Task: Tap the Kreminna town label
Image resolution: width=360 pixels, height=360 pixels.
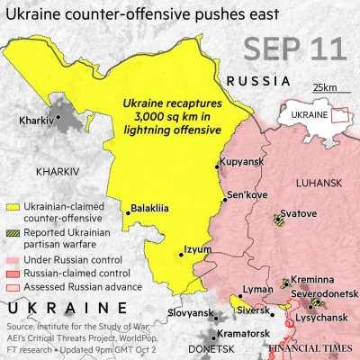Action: (311, 282)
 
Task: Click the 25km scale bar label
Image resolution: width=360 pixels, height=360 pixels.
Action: (324, 86)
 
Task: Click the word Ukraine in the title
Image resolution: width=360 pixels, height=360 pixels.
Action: (31, 13)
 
